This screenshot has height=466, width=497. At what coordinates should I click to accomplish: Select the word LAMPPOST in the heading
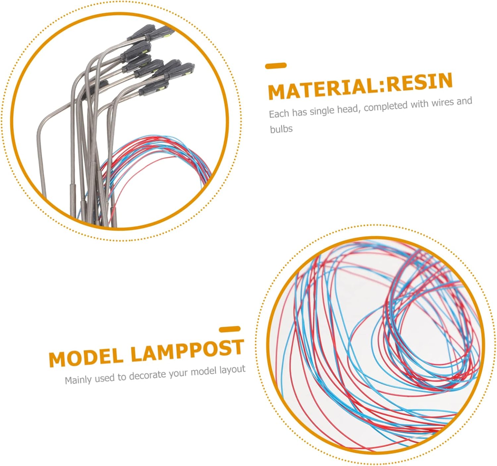click(x=187, y=349)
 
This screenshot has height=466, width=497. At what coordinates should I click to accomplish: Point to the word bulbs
click(x=281, y=129)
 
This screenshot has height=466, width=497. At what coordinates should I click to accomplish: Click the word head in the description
click(x=349, y=109)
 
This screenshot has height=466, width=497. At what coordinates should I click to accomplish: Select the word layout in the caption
click(x=233, y=370)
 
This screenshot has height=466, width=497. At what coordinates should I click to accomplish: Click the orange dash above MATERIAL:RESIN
click(x=276, y=66)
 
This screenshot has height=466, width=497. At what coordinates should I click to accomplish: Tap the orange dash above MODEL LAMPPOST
click(x=230, y=329)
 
